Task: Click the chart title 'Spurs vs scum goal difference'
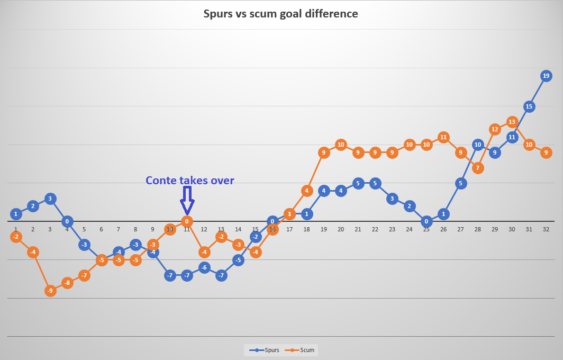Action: coord(281,14)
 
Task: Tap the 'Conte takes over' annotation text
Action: coord(189,181)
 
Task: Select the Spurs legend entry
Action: coord(264,350)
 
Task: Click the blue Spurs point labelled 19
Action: coord(546,76)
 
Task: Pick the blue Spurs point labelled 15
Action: coord(529,106)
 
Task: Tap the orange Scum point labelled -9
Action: coord(50,290)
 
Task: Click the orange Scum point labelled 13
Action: coord(512,122)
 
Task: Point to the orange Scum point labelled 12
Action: coord(495,129)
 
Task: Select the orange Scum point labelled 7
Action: coord(477,168)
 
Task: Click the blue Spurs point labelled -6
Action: coord(204,267)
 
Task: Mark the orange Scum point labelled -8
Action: coord(67,283)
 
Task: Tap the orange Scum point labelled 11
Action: coord(443,137)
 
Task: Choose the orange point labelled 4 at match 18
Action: coord(307,191)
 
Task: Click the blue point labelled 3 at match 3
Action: coord(50,199)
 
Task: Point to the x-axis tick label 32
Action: coord(546,229)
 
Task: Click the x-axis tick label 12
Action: coord(204,229)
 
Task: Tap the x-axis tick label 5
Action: coord(84,229)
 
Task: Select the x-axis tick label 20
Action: coord(341,229)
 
